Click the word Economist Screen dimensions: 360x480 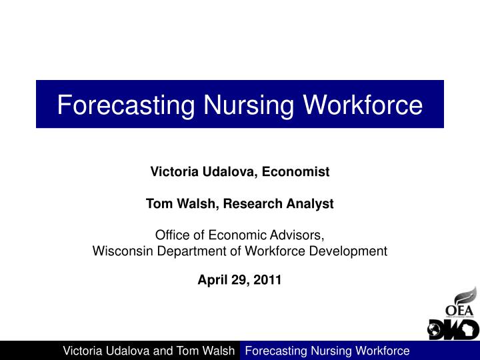click(x=295, y=172)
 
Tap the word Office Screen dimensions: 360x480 click(x=171, y=235)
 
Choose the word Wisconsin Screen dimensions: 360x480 click(x=118, y=251)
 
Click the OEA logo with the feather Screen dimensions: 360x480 click(x=460, y=303)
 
